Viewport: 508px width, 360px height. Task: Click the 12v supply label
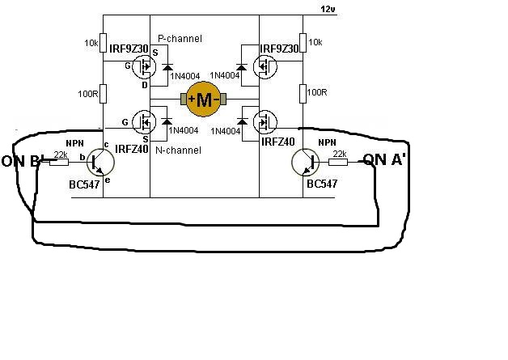(328, 10)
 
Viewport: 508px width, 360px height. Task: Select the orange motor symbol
(204, 100)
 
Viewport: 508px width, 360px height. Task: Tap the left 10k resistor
(104, 42)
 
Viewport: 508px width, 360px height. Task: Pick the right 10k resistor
(303, 42)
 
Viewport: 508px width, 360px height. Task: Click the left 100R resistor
(104, 94)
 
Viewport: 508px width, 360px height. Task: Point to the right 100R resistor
(303, 94)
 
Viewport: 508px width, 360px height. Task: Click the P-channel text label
(180, 38)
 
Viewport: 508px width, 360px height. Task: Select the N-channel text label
(179, 150)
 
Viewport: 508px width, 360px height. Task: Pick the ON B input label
(20, 161)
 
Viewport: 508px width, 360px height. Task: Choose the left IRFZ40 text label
(132, 150)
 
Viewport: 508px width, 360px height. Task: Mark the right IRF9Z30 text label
(280, 49)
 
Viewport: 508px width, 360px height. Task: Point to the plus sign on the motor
(192, 100)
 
